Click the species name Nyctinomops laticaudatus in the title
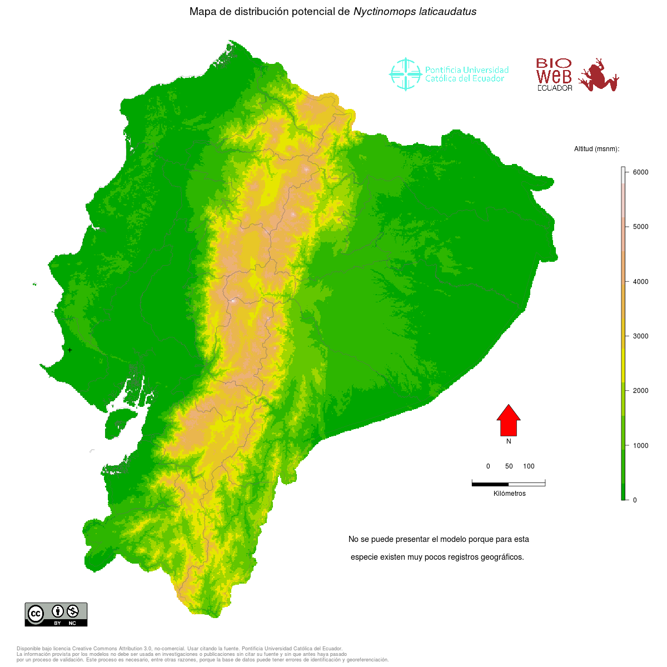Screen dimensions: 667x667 [x=415, y=12]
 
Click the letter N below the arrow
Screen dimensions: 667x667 [x=509, y=441]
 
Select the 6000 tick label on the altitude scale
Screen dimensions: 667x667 [x=640, y=172]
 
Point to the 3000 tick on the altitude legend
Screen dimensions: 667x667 [x=640, y=336]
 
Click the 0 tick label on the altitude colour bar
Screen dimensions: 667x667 [x=635, y=500]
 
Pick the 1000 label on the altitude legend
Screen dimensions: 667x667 [x=640, y=446]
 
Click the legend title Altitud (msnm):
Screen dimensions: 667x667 [x=596, y=149]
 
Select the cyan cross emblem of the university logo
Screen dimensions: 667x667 [x=405, y=74]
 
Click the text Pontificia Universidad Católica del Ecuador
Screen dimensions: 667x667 [x=466, y=74]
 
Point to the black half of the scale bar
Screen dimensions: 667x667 [x=490, y=484]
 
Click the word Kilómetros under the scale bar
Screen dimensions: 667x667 [x=509, y=494]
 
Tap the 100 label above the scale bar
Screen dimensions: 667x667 [x=529, y=466]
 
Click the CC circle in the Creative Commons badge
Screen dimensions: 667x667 [x=36, y=614]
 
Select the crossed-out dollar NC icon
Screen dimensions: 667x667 [x=72, y=611]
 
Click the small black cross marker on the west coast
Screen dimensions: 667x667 [x=69, y=350]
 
